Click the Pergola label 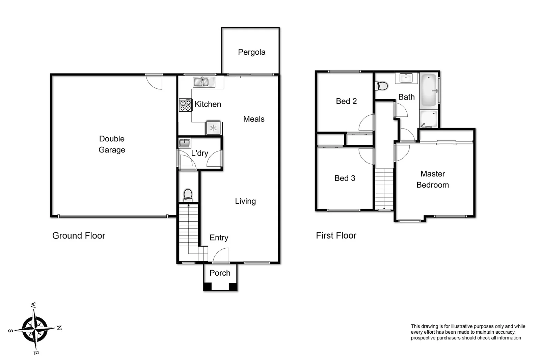(x=251, y=52)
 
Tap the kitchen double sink (x=204, y=82)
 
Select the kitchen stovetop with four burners (x=185, y=105)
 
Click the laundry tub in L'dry (x=185, y=143)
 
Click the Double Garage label (x=112, y=144)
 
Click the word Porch (x=220, y=273)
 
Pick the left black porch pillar (x=207, y=287)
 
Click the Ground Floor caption (x=79, y=236)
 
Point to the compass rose (x=35, y=328)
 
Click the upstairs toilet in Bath (x=381, y=86)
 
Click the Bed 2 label (x=346, y=101)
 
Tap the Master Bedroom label (x=433, y=179)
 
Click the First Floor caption (x=336, y=236)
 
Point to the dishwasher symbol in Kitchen (x=213, y=128)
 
